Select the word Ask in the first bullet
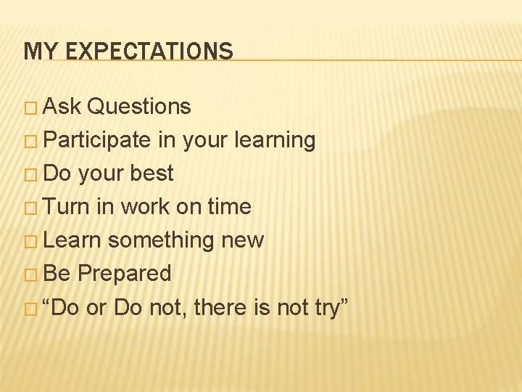[62, 107]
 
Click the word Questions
[138, 107]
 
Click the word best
[151, 173]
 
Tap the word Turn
[66, 207]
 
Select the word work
[144, 207]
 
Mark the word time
[229, 207]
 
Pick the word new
[241, 240]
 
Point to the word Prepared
[124, 274]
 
